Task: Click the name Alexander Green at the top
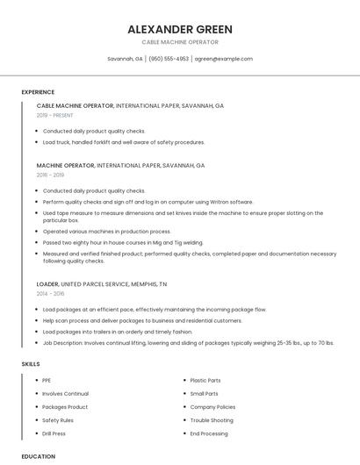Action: [x=179, y=29]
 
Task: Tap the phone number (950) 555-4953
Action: [x=169, y=59]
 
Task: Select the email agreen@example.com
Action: [x=223, y=59]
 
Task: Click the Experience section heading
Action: [x=38, y=92]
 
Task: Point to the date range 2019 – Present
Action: [x=54, y=115]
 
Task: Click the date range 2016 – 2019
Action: [x=50, y=175]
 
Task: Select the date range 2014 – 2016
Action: [x=50, y=293]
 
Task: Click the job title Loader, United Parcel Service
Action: [x=101, y=284]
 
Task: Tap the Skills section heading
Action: [x=30, y=362]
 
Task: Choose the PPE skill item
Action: [x=47, y=381]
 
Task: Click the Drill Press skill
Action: [x=54, y=433]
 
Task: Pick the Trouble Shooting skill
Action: [x=212, y=420]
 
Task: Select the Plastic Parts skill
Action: [x=205, y=381]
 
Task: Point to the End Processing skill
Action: [x=209, y=433]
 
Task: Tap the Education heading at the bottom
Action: [x=38, y=456]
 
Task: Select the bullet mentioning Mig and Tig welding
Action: [x=123, y=242]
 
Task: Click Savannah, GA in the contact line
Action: [x=125, y=59]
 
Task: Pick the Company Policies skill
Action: [x=212, y=407]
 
